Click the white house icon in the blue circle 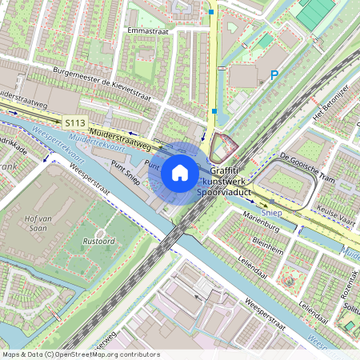180,172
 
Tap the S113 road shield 75,122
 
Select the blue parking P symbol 274,75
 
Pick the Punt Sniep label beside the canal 125,172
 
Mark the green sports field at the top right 315,11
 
